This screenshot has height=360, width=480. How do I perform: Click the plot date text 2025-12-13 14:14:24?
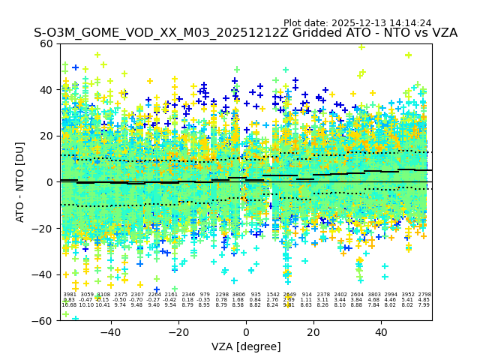click(357, 23)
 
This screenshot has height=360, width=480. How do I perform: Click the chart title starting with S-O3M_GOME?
click(245, 34)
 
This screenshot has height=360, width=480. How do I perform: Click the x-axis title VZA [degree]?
click(245, 346)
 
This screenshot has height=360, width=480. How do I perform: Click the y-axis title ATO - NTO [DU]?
click(20, 181)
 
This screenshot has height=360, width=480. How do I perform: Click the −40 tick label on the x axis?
click(110, 331)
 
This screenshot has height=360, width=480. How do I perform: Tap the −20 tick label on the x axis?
click(178, 331)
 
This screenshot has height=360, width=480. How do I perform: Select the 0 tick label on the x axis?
click(246, 331)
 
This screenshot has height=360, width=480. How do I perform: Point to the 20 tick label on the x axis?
click(313, 331)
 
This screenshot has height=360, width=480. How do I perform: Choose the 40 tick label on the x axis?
click(381, 331)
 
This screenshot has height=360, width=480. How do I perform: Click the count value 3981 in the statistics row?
click(70, 295)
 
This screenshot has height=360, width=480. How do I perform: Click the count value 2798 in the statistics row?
click(424, 295)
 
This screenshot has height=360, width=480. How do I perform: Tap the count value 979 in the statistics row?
click(205, 295)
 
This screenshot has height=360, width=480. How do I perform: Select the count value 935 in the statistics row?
click(256, 295)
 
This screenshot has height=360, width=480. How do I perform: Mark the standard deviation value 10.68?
click(69, 305)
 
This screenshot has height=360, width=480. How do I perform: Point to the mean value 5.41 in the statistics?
click(407, 300)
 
